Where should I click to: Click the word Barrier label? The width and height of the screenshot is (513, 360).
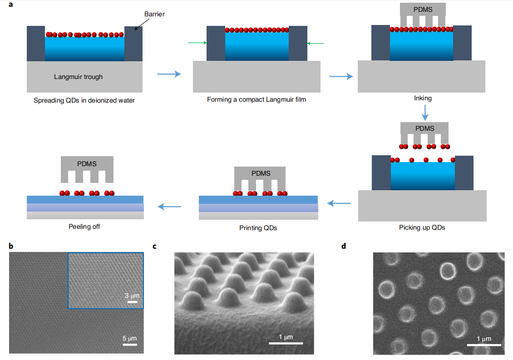(154, 14)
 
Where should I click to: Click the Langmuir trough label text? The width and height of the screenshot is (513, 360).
(79, 77)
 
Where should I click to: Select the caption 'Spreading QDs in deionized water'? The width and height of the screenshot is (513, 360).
(84, 100)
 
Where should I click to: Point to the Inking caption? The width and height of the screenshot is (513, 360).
(423, 98)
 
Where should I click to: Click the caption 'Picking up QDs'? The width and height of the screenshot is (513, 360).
(422, 227)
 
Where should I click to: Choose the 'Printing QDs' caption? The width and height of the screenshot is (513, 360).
(258, 228)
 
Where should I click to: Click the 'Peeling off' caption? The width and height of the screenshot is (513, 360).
(84, 226)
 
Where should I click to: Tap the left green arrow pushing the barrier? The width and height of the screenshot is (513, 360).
(197, 43)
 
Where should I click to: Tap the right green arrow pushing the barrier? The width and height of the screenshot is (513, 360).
(316, 43)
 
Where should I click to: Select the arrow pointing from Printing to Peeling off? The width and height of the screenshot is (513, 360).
(169, 207)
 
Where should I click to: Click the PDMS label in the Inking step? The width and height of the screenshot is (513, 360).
(423, 9)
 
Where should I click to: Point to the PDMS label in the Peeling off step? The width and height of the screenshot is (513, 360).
(87, 163)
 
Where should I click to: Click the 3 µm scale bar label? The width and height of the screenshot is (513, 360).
(133, 296)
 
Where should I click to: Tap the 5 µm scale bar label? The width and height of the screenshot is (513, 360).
(130, 338)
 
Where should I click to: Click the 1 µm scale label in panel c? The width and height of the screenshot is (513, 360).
(286, 337)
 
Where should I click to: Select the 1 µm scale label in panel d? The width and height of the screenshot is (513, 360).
(484, 339)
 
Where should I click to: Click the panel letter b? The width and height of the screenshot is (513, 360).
(11, 247)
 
